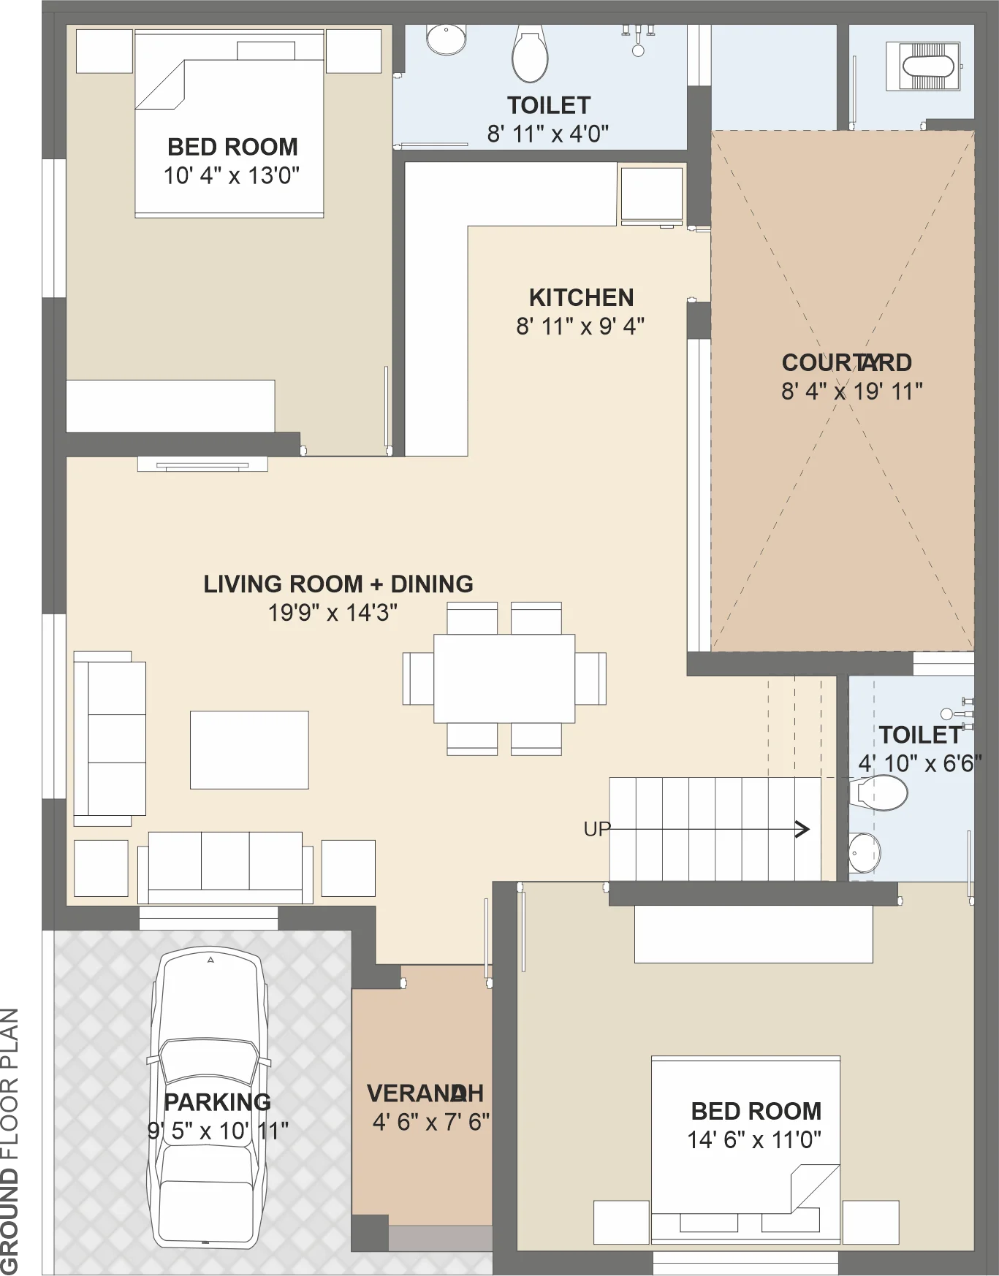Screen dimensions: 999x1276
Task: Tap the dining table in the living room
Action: [x=504, y=679]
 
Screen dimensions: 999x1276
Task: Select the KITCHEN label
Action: [x=581, y=298]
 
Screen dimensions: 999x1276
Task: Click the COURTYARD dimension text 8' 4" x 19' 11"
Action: [x=852, y=391]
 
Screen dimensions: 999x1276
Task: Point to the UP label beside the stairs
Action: [x=596, y=829]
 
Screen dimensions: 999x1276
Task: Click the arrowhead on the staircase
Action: [x=802, y=829]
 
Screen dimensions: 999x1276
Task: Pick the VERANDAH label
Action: [x=425, y=1093]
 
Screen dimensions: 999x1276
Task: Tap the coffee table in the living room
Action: [x=249, y=750]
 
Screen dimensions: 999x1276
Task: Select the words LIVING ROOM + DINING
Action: [x=338, y=584]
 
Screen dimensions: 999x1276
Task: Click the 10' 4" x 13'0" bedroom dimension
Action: [x=232, y=175]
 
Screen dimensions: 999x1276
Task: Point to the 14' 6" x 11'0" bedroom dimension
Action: [x=754, y=1139]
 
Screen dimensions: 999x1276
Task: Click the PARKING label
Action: [x=217, y=1102]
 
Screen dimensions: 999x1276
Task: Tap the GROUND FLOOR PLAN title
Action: [x=10, y=1141]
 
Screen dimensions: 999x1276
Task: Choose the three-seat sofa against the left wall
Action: [x=110, y=738]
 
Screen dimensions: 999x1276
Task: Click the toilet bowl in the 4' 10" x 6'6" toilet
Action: [x=878, y=793]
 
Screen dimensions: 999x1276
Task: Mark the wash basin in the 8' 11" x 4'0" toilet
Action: [x=446, y=39]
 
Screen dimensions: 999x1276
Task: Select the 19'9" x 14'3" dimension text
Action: [x=333, y=612]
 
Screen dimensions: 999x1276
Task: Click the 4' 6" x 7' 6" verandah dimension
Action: [x=430, y=1122]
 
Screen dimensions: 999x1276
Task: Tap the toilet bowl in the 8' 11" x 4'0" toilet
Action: [x=530, y=55]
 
